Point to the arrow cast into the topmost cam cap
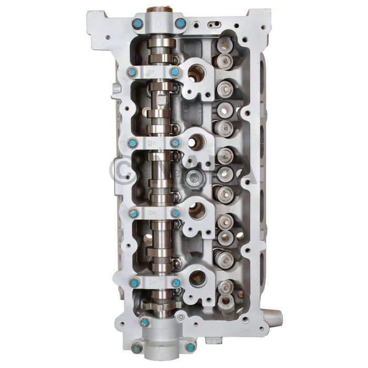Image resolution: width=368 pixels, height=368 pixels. coord(158,22)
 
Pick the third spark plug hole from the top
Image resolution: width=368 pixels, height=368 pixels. coord(197,210)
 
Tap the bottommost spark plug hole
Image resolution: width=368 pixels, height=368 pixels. coord(197,278)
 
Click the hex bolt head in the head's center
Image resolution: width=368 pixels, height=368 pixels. coord(196,178)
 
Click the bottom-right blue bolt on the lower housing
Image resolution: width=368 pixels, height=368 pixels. coord(190,346)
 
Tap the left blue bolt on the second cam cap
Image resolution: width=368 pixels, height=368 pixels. coord(132,72)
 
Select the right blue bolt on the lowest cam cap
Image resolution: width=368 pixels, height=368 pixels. coord(176,282)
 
